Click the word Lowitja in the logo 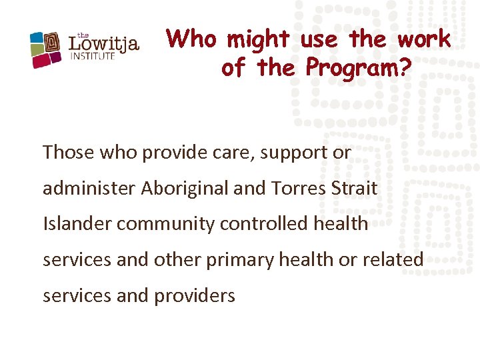pos(105,45)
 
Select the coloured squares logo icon pos(47,49)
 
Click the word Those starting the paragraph pos(69,153)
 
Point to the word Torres pos(299,188)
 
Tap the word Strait pos(354,188)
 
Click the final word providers pos(197,295)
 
